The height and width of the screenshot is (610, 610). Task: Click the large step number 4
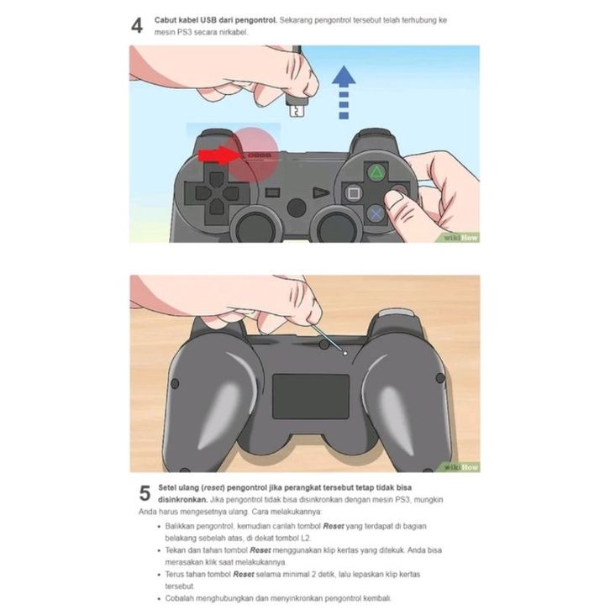click(x=137, y=26)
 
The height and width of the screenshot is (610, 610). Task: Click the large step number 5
click(x=145, y=493)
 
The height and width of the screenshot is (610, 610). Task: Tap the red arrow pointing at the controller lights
click(x=216, y=155)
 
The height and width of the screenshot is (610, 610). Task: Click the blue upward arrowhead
click(x=344, y=75)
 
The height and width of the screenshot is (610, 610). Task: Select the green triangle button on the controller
click(x=376, y=173)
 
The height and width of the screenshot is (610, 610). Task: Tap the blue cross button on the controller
click(x=376, y=213)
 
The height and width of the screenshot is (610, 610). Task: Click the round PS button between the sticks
click(x=297, y=208)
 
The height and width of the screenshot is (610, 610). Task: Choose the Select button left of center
click(x=272, y=192)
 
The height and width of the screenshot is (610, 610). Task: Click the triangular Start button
click(x=321, y=192)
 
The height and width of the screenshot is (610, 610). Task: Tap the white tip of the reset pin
click(x=344, y=353)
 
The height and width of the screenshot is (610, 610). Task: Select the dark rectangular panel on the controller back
click(x=311, y=397)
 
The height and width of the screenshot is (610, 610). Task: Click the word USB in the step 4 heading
click(x=208, y=20)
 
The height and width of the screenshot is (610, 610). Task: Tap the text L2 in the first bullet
click(x=305, y=538)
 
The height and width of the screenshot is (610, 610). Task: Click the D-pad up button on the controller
click(x=216, y=179)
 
